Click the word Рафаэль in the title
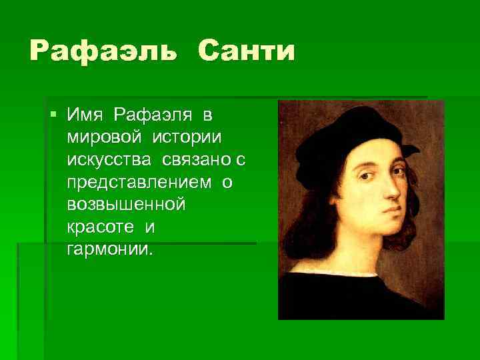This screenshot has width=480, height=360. (103, 52)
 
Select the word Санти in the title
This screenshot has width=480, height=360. (245, 52)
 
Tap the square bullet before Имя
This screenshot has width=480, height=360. (53, 114)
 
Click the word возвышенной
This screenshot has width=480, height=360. (125, 205)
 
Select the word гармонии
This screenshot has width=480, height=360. (110, 250)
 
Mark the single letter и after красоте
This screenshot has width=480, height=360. (149, 227)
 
